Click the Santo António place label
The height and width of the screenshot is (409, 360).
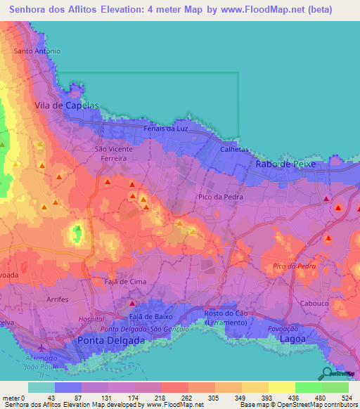click(38, 51)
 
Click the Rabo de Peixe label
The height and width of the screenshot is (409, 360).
click(285, 164)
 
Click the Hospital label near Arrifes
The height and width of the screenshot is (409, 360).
click(91, 319)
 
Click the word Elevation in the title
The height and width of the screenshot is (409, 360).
click(116, 9)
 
